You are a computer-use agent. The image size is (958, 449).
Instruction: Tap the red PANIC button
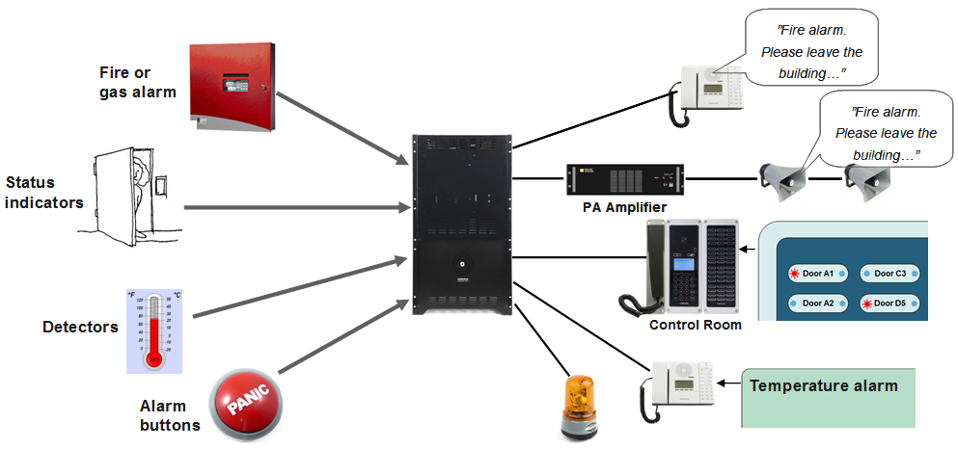pos(250,405)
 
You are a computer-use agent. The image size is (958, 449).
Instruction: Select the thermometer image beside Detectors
pos(154,330)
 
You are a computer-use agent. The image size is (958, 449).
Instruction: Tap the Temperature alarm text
pos(824,386)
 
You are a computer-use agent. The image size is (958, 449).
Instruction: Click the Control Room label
pos(695,326)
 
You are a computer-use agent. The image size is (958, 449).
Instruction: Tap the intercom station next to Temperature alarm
pos(680,388)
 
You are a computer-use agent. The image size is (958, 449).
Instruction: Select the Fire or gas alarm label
pos(137,82)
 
